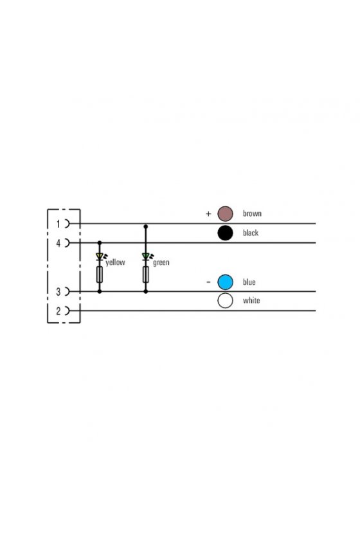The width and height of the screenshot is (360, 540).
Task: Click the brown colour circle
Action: [x=225, y=213]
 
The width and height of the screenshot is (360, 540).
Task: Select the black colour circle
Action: [x=225, y=233]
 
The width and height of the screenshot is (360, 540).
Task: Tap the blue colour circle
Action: [x=225, y=282]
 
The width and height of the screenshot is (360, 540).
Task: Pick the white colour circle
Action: [x=225, y=300]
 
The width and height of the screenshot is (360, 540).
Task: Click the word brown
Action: [x=252, y=213]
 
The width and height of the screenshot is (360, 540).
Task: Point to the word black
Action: [x=251, y=233]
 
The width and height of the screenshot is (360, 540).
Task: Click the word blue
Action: [x=249, y=282]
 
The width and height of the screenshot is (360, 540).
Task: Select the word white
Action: [x=251, y=300]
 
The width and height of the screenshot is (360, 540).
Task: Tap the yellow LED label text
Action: [x=116, y=262]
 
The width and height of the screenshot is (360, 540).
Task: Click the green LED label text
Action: [x=161, y=262]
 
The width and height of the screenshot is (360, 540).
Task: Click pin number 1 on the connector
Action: [x=59, y=224]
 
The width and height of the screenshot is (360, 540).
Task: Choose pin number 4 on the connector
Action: [x=59, y=243]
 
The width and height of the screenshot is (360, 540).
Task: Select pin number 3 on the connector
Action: [x=59, y=292]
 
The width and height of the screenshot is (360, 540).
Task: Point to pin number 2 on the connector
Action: [x=59, y=311]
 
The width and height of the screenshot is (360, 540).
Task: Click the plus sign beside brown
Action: [x=208, y=213]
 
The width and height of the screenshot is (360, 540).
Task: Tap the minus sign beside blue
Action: [x=208, y=282]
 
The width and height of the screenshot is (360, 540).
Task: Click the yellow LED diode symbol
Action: [x=100, y=256]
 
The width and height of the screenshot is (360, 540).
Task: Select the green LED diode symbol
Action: [x=146, y=256]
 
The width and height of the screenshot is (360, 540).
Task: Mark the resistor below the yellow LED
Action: [x=100, y=274]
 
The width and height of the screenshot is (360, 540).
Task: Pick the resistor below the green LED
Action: [x=146, y=274]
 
